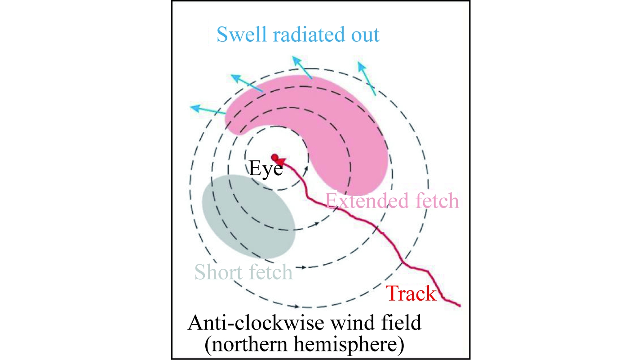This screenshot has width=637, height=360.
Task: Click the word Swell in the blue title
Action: click(242, 35)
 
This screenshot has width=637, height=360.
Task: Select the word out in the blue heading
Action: click(365, 36)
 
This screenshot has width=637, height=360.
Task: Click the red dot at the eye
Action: click(275, 157)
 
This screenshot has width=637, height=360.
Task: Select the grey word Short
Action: click(219, 272)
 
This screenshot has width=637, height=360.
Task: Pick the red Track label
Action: click(411, 293)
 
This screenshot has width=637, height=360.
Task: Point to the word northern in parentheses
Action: click(250, 345)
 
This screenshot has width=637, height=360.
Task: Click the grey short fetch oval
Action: click(248, 217)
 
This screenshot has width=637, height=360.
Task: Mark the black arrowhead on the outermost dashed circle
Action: click(296, 307)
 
